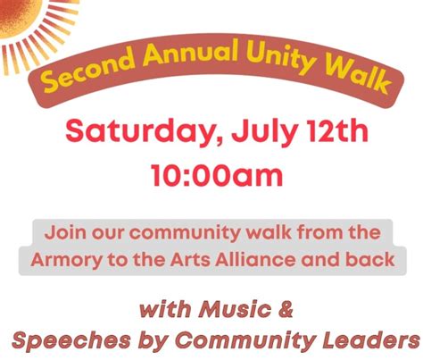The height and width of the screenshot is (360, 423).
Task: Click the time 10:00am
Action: tap(211, 173)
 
